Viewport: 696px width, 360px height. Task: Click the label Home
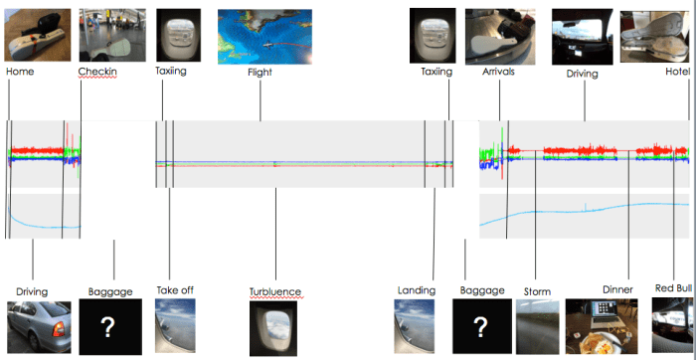point(20,72)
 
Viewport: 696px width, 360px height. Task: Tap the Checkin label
point(98,72)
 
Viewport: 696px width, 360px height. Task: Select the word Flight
point(261,72)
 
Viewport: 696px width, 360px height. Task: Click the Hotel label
point(678,72)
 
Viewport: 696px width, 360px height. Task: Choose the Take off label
point(174,290)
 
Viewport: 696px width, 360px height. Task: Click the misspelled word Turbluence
point(274,291)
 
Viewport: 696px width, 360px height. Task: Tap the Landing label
point(416,290)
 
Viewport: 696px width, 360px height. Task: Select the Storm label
point(536,290)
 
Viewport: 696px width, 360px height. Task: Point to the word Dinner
point(617,289)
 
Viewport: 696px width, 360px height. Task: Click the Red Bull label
point(672,288)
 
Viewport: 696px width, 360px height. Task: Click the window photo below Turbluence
point(273,329)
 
